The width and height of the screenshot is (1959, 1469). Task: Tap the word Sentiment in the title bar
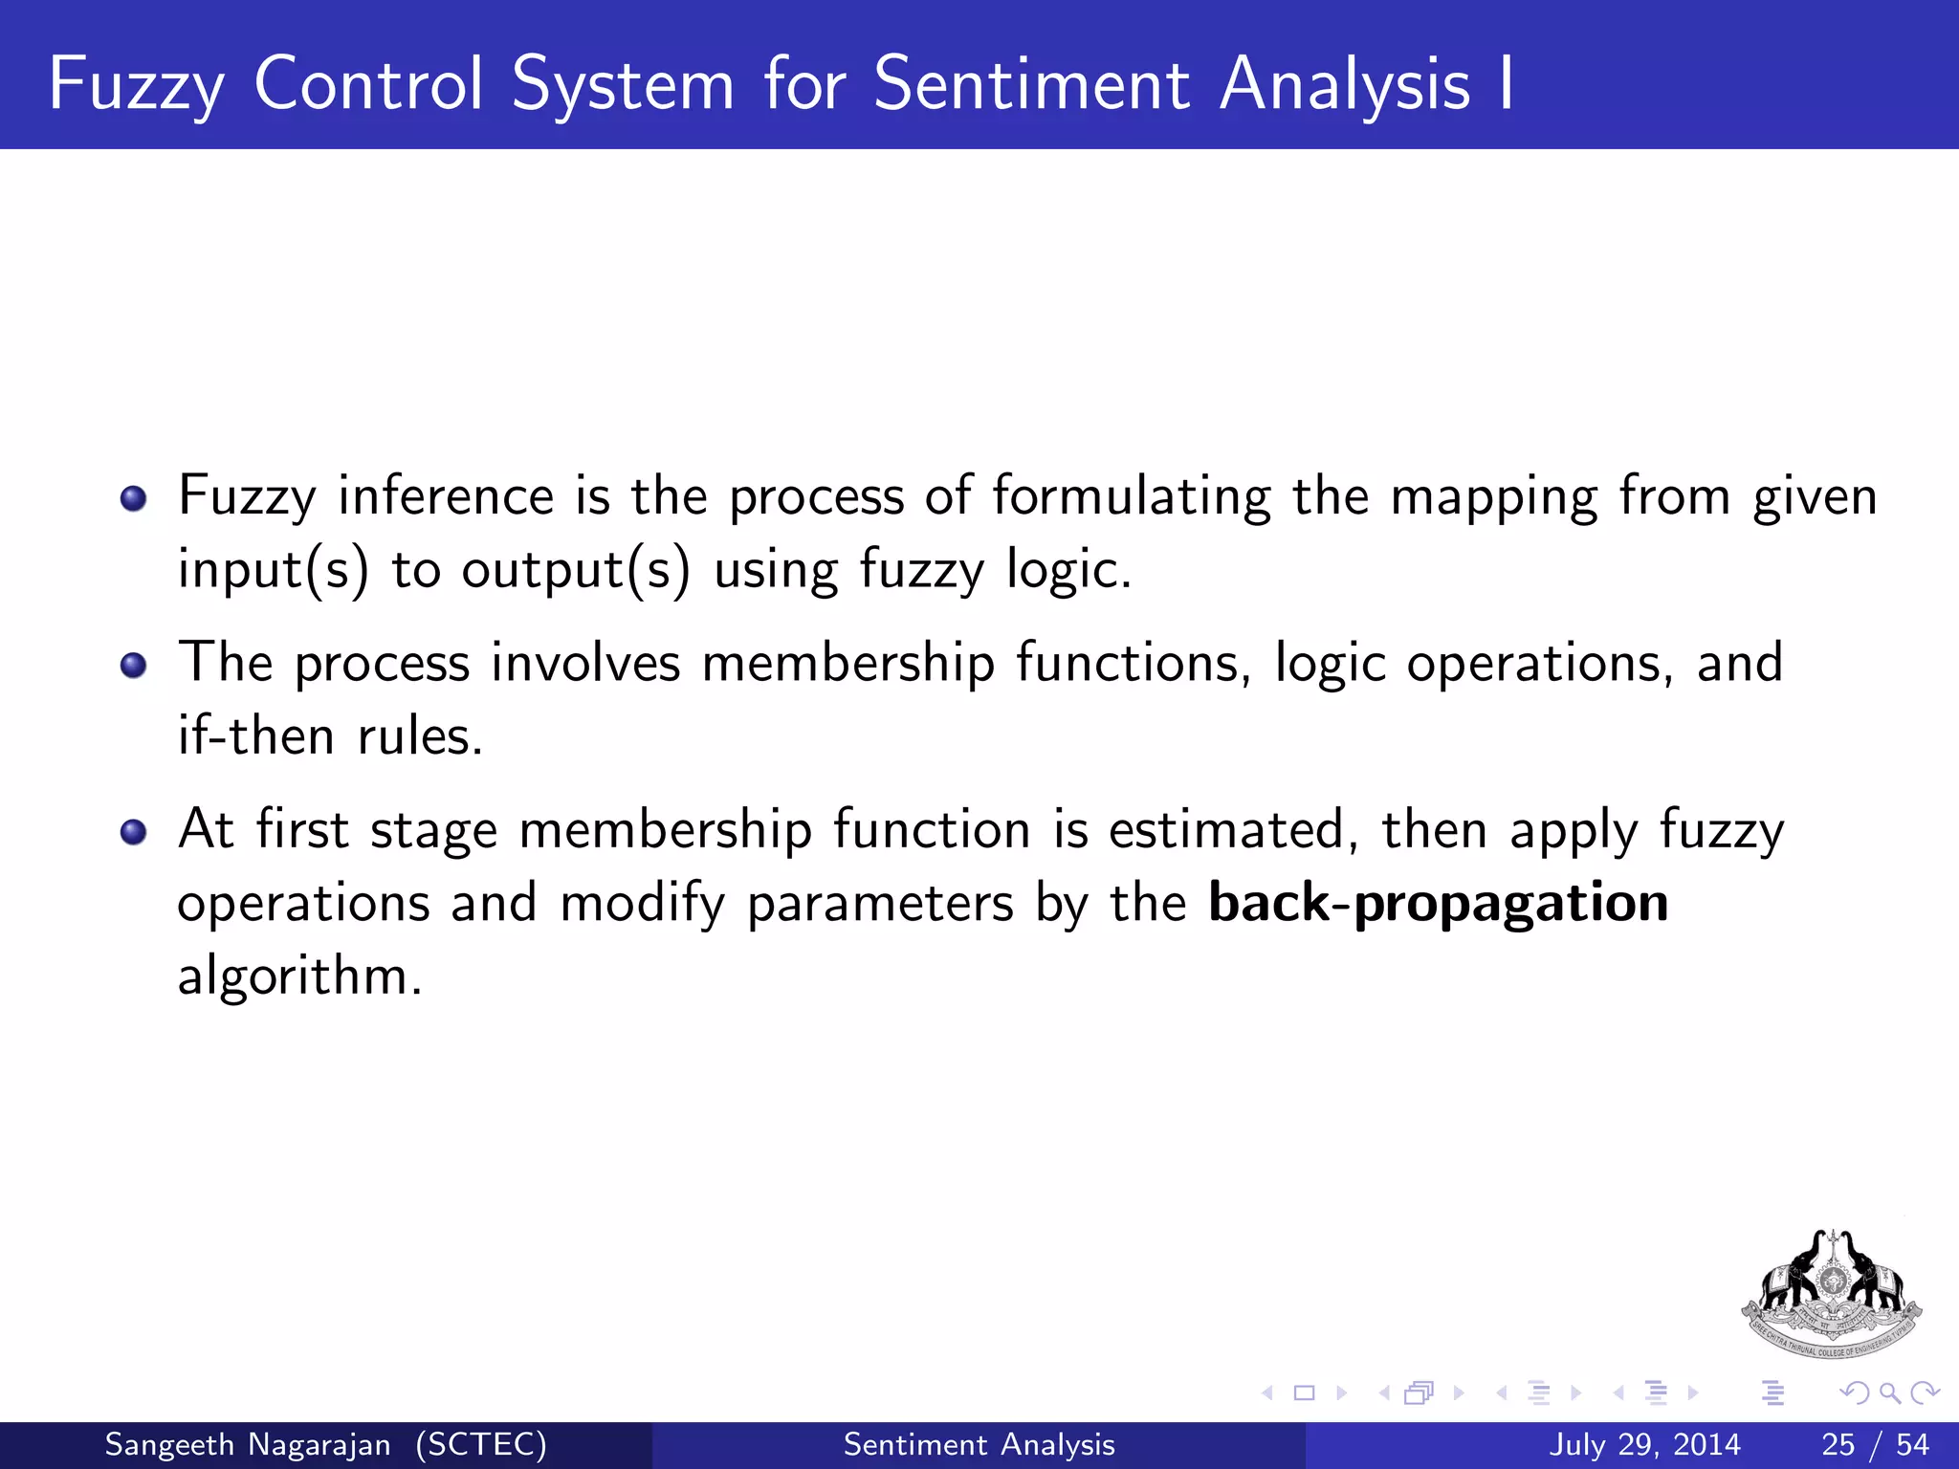(x=1032, y=84)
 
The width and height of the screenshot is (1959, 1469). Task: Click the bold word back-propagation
(x=1439, y=903)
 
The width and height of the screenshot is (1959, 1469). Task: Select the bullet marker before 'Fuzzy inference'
(x=134, y=498)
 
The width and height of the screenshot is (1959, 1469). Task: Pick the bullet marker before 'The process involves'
(x=134, y=665)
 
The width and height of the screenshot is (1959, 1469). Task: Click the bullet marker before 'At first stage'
(x=134, y=831)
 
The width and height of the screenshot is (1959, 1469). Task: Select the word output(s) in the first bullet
(x=575, y=570)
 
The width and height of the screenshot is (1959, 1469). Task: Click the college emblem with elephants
(x=1832, y=1296)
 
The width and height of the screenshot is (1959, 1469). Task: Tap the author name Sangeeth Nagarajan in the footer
(x=247, y=1445)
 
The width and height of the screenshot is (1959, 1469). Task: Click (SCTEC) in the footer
(x=481, y=1445)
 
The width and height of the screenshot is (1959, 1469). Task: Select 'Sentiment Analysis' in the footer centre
(x=979, y=1445)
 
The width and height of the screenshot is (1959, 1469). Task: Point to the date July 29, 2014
(x=1644, y=1445)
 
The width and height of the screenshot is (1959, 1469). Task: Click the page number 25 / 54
(x=1875, y=1445)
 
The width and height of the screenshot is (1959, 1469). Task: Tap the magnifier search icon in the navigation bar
(x=1889, y=1393)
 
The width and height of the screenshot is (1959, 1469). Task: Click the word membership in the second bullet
(x=847, y=664)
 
